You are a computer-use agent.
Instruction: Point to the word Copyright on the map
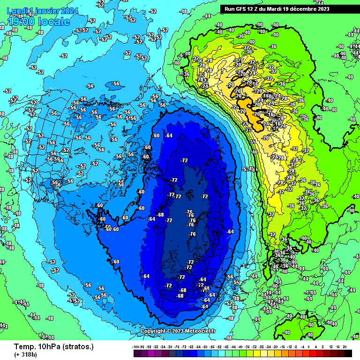[x=154, y=331]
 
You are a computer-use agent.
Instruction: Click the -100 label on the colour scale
[x=136, y=346]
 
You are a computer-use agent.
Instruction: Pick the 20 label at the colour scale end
[x=345, y=346]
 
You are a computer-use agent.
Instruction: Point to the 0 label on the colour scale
[x=309, y=346]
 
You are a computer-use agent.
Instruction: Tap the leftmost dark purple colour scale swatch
[x=136, y=352]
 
